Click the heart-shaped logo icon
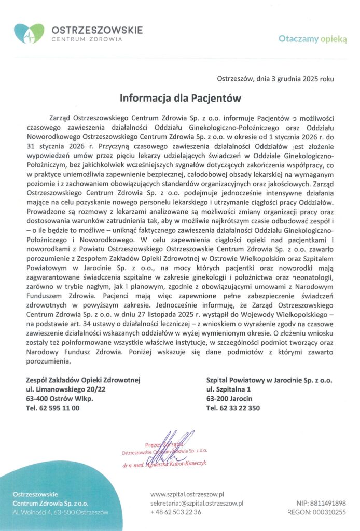(x=29, y=33)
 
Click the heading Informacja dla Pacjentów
(x=181, y=97)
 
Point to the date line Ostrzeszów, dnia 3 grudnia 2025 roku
(x=275, y=79)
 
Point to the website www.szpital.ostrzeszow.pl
(x=187, y=493)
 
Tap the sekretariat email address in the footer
(x=197, y=502)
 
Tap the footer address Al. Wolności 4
(x=61, y=512)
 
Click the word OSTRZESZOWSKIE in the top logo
(x=96, y=30)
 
